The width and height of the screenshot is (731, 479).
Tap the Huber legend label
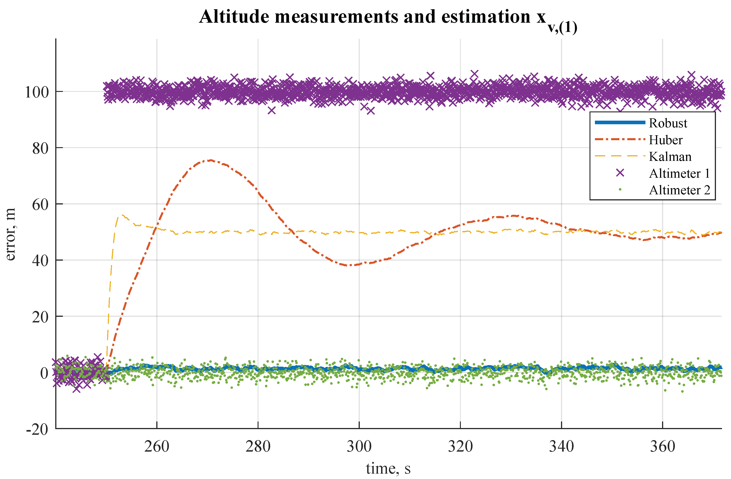tap(665, 140)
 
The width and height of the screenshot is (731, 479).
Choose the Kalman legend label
tap(670, 157)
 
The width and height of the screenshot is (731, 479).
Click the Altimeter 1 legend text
tap(679, 174)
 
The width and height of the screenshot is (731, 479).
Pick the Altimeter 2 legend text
tap(679, 190)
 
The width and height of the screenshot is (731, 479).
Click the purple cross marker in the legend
tap(620, 173)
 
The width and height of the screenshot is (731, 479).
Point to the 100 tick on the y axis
tap(37, 92)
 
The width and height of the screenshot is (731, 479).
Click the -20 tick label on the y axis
tap(37, 429)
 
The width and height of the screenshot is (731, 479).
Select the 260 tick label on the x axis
tap(157, 446)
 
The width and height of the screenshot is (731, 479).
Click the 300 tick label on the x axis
tap(359, 446)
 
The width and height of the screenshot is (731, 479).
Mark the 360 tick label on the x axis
tap(663, 446)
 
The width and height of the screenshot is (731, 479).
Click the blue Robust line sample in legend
tap(620, 123)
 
